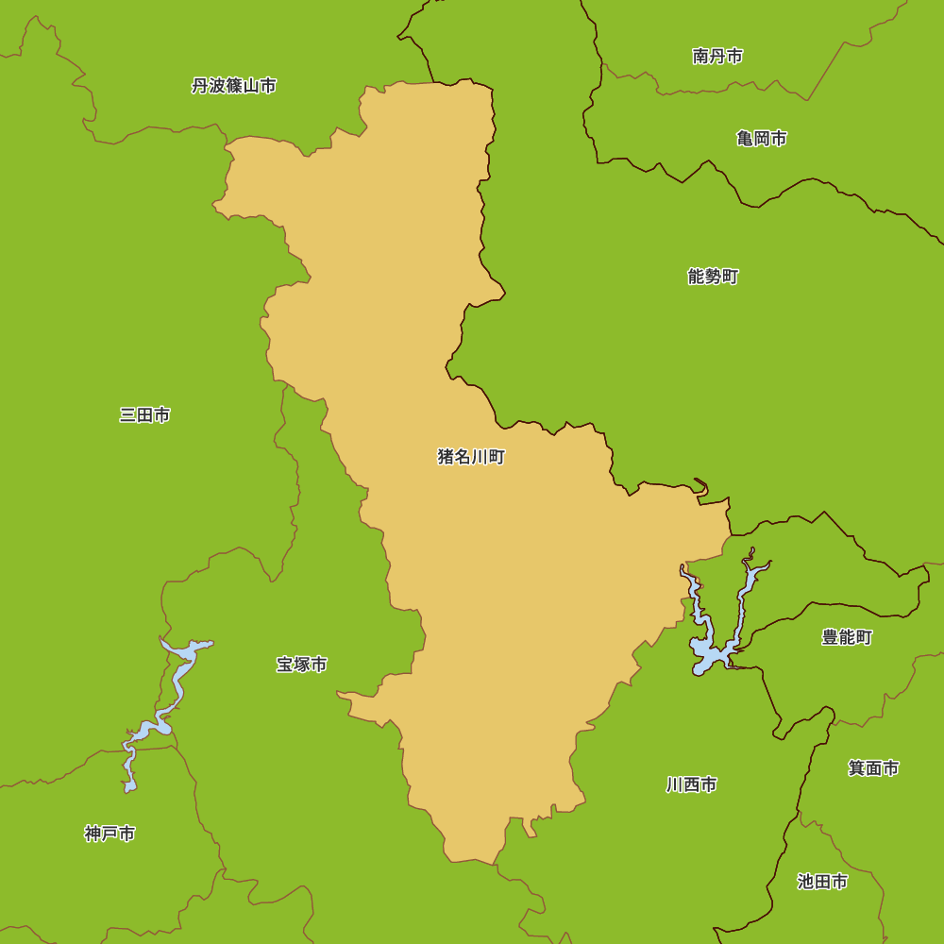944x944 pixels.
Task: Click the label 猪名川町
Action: point(471,458)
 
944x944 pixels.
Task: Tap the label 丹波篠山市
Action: point(233,86)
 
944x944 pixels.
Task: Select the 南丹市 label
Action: point(716,57)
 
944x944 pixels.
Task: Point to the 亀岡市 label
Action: point(761,139)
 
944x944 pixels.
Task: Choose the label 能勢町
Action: point(713,277)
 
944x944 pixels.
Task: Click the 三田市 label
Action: point(144,415)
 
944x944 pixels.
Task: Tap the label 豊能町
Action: point(847,637)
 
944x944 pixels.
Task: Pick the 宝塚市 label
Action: point(301,665)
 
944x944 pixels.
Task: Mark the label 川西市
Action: point(691,784)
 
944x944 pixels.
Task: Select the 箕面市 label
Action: point(873,768)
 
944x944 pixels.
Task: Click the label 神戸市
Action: point(110,834)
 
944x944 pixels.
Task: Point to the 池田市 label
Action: point(822,882)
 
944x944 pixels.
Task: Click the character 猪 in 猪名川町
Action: point(446,458)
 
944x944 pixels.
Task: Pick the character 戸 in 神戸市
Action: point(110,834)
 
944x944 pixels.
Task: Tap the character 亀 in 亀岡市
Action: point(744,139)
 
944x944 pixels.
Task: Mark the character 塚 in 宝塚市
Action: point(301,665)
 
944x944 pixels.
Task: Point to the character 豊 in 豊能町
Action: point(830,637)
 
